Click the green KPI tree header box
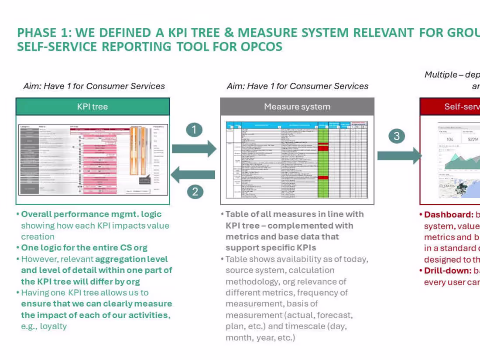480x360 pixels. click(x=93, y=106)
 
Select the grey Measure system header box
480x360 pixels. click(x=297, y=106)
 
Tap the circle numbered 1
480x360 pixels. click(x=194, y=130)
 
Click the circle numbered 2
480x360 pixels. click(x=195, y=191)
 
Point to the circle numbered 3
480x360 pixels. click(x=397, y=136)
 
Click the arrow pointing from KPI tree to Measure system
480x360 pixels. click(x=194, y=149)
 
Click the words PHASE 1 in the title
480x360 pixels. click(x=37, y=33)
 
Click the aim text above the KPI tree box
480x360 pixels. click(x=94, y=86)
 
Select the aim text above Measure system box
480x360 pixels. click(x=298, y=86)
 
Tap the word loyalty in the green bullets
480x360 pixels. click(x=53, y=326)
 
